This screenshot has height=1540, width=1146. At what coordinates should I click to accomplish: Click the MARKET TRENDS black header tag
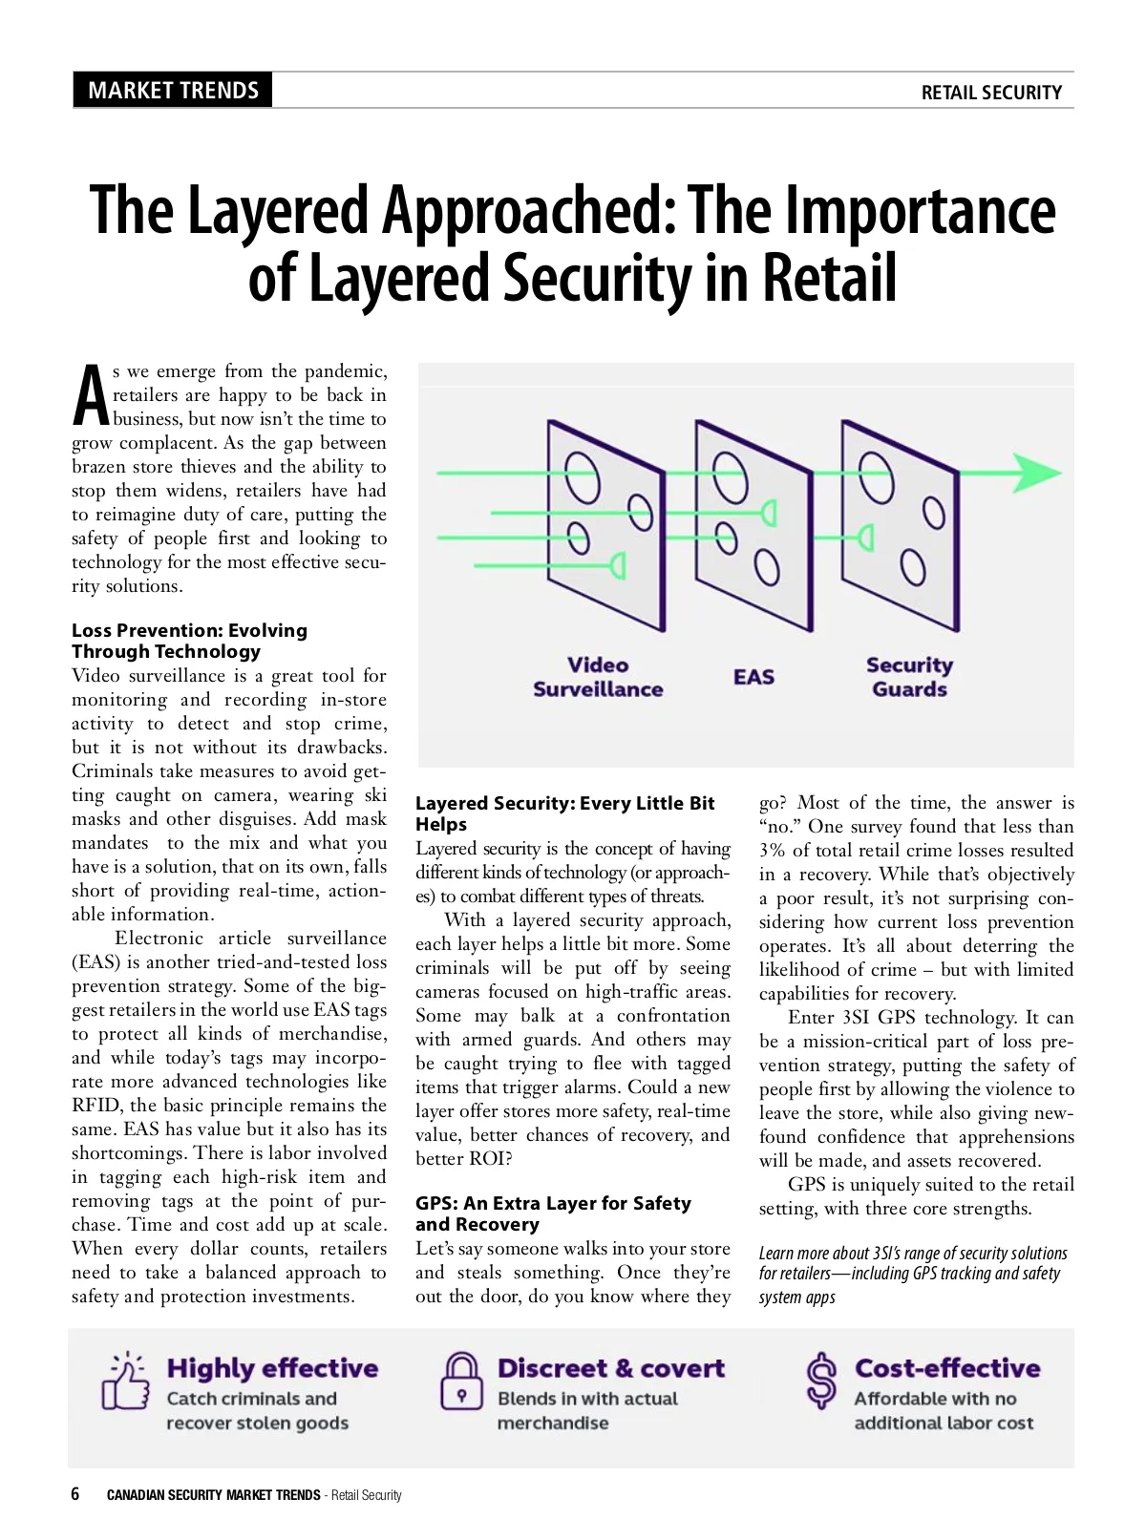(173, 91)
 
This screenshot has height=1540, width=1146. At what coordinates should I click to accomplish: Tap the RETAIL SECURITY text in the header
(990, 93)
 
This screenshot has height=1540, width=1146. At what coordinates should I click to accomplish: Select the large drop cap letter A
(91, 395)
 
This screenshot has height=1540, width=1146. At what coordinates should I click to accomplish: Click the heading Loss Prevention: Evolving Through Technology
(189, 641)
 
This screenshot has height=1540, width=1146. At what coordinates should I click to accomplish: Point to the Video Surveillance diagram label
(598, 677)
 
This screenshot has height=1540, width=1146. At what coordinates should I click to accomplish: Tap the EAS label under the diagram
(753, 677)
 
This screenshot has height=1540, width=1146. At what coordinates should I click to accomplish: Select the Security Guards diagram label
(909, 677)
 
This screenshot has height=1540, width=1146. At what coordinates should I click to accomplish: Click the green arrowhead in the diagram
(1035, 473)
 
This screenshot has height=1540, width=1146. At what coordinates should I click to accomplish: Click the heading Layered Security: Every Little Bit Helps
(564, 813)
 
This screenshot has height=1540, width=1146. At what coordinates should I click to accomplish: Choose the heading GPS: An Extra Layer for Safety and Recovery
(553, 1213)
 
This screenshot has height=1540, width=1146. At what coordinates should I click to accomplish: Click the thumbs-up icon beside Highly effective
(125, 1382)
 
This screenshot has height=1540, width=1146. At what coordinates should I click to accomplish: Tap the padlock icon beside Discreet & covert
(461, 1382)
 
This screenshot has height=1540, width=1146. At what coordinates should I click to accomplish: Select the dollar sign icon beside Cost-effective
(820, 1382)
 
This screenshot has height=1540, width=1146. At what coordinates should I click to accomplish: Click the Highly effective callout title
(272, 1368)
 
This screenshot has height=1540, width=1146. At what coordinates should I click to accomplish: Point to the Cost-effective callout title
(947, 1368)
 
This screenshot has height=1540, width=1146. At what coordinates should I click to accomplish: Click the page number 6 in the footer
(75, 1494)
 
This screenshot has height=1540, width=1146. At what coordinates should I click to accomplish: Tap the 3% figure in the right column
(772, 851)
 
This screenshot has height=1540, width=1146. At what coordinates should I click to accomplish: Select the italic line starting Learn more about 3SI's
(913, 1254)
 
